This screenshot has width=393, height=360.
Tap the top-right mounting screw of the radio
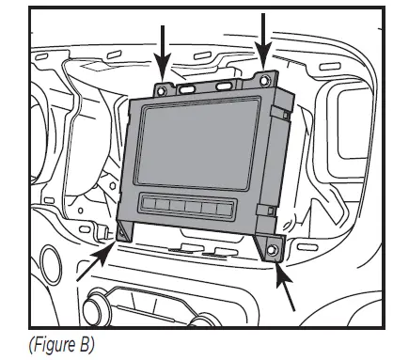click(x=268, y=80)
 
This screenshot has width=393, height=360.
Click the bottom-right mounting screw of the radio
click(x=272, y=250)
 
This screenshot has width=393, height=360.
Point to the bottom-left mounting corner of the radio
click(x=125, y=236)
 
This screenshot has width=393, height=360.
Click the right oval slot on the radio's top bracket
click(x=225, y=85)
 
